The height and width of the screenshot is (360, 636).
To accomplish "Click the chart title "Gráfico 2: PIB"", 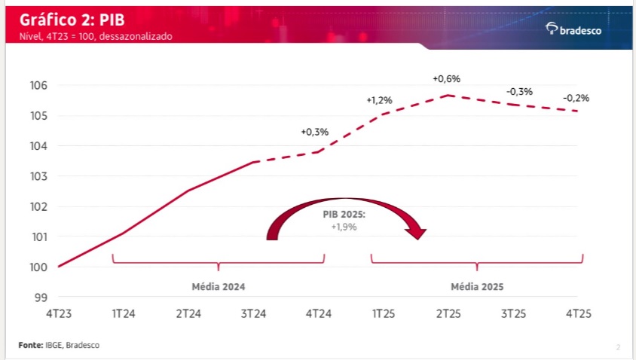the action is (72, 20).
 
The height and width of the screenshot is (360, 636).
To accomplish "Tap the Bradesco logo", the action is (573, 29).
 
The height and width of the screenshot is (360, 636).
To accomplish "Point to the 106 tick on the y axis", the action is (38, 86).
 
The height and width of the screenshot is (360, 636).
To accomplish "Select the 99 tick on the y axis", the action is (41, 297).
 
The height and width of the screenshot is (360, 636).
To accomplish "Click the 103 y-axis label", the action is (38, 176).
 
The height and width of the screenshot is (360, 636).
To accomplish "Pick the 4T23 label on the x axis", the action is (59, 314).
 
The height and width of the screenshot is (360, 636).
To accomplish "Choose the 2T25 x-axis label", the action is (448, 314).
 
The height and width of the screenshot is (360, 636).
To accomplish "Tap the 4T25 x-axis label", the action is (579, 314).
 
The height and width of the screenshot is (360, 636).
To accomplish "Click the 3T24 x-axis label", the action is (253, 314).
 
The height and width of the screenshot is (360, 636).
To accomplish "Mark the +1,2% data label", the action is (379, 100).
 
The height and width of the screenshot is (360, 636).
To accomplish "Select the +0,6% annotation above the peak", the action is (447, 78).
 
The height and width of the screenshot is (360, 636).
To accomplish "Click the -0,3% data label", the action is (520, 92).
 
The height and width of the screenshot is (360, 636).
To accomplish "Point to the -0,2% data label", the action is (576, 98).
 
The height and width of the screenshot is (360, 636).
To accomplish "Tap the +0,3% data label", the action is (315, 132).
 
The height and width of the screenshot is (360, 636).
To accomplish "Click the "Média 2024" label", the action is (219, 287).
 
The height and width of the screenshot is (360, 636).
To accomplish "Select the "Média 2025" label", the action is (477, 287).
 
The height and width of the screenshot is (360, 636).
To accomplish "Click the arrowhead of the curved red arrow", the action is (417, 233).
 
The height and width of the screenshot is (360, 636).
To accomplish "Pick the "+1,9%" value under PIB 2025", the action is (344, 227).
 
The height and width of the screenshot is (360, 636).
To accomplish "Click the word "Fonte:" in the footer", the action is (31, 345).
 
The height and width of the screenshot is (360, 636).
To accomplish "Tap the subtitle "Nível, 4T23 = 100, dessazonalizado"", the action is (96, 36).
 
